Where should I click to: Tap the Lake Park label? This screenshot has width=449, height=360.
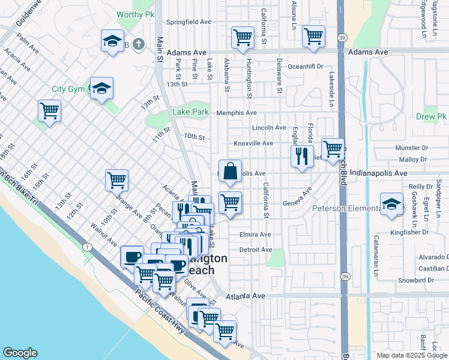pos(190,112)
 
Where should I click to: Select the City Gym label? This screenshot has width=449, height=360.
pos(67,89)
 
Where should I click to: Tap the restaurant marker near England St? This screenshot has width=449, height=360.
pos(302,156)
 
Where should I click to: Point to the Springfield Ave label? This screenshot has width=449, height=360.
pos(188,22)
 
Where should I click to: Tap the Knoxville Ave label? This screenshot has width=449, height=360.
pos(253,143)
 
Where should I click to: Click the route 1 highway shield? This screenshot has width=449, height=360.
pos(88,247)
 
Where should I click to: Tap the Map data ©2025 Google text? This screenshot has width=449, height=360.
pos(412,355)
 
